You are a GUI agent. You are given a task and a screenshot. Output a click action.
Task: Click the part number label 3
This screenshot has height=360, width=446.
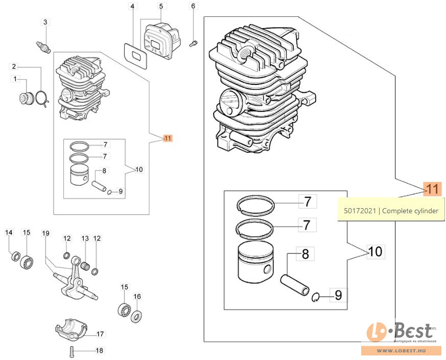pyautogui.click(x=45, y=22)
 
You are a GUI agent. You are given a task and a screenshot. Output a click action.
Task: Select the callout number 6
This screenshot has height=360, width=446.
pyautogui.click(x=193, y=6)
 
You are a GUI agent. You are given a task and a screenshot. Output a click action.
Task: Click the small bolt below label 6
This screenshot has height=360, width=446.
pyautogui.click(x=193, y=43)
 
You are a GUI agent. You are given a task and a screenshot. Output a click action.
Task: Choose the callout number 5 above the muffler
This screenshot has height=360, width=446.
pyautogui.click(x=161, y=6)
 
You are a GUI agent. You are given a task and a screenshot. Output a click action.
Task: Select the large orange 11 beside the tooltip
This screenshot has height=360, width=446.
pyautogui.click(x=432, y=189)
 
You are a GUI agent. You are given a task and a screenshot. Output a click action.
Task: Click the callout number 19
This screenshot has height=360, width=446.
pyautogui.click(x=46, y=233)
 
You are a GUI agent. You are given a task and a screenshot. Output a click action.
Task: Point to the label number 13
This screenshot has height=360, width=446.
pyautogui.click(x=85, y=238)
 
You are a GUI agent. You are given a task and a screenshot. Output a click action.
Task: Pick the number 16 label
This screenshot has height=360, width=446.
pyautogui.click(x=137, y=297)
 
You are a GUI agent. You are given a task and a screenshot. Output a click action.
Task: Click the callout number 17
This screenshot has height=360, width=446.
pyautogui.click(x=100, y=334)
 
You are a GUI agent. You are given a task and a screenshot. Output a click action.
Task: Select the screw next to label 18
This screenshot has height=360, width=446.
pyautogui.click(x=71, y=351)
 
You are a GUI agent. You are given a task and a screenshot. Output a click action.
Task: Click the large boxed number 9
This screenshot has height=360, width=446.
pyautogui.click(x=338, y=295)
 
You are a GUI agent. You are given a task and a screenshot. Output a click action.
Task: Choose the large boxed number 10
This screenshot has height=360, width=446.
pyautogui.click(x=375, y=252)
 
